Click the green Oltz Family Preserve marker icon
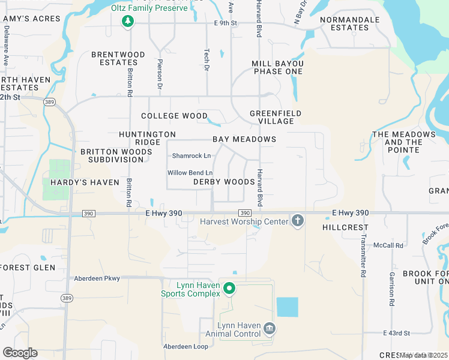(x=127, y=22)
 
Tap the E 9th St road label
(x=226, y=23)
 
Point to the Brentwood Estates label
(x=118, y=58)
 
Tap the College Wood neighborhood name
(x=174, y=116)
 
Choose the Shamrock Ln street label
(x=191, y=156)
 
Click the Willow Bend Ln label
(x=190, y=173)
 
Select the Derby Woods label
(x=224, y=182)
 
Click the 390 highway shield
(x=245, y=213)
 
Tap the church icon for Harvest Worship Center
(x=297, y=221)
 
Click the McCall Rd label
(x=388, y=245)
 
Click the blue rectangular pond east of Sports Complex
(x=287, y=307)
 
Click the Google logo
(x=20, y=353)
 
